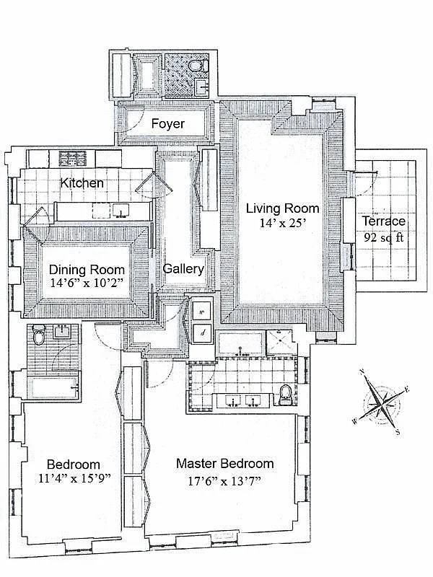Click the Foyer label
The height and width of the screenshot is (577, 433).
click(167, 124)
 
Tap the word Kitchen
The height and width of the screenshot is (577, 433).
click(82, 183)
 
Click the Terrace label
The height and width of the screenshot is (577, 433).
click(383, 221)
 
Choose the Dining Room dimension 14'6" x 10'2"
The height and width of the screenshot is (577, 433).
click(87, 283)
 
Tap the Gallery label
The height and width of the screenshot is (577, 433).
click(183, 268)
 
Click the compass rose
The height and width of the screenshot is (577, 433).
click(380, 404)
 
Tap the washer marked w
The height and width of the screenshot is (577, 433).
click(201, 312)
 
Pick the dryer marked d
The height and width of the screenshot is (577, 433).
click(201, 332)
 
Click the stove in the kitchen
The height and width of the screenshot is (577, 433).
click(72, 157)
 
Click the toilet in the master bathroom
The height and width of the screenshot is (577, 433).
click(285, 392)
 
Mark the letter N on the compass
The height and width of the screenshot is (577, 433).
click(362, 374)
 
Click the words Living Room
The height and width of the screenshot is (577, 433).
click(282, 208)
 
